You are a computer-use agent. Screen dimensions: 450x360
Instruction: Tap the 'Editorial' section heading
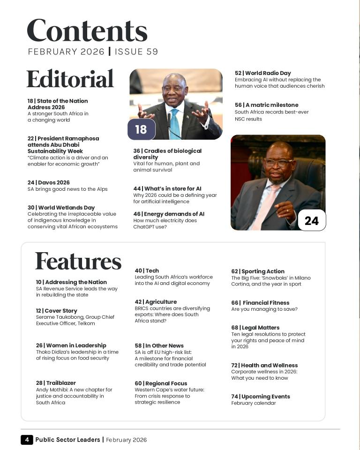tap(70, 79)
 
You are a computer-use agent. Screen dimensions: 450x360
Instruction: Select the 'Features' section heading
tap(78, 261)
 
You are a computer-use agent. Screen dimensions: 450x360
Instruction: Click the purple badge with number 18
tap(141, 129)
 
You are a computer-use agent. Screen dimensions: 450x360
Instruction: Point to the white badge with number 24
tap(311, 220)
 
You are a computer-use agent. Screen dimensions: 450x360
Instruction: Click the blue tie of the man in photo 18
tap(174, 123)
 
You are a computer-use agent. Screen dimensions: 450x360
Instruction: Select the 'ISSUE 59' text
tap(136, 52)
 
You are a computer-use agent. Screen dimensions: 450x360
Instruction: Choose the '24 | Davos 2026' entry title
tap(49, 182)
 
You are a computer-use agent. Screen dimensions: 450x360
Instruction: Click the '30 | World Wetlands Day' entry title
tap(61, 208)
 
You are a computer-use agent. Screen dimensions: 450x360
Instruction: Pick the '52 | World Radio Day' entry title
tap(263, 73)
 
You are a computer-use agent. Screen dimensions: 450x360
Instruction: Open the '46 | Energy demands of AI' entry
tap(169, 214)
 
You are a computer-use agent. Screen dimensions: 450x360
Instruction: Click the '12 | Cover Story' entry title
tap(57, 311)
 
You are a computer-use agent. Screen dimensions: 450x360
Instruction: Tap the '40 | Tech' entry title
tap(147, 270)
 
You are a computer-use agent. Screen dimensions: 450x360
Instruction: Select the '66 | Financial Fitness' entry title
tap(260, 303)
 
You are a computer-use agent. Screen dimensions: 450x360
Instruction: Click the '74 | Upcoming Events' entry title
tap(261, 397)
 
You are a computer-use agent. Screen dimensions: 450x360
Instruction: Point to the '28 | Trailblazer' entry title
tap(56, 383)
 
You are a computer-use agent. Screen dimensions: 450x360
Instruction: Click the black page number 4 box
tap(27, 440)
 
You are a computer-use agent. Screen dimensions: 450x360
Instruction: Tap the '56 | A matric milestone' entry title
tap(267, 105)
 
